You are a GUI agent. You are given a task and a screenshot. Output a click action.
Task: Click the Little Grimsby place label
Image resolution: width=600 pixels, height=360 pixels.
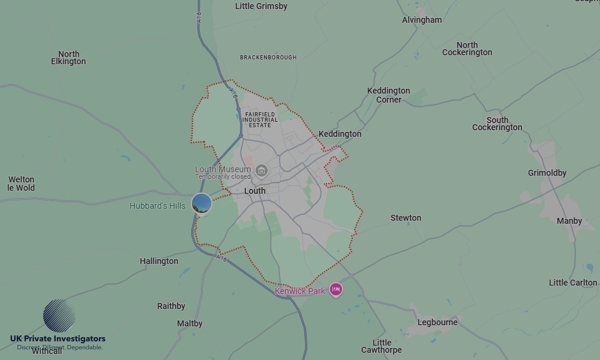tap(261, 6)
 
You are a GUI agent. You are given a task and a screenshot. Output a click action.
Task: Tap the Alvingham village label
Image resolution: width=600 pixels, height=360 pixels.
tap(422, 20)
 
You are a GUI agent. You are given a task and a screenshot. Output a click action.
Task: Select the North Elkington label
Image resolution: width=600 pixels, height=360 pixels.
tap(68, 58)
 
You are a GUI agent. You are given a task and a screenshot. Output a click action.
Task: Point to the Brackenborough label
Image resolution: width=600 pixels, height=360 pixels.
tap(268, 58)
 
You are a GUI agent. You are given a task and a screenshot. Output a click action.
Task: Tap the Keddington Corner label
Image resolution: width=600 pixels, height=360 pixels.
tap(389, 95)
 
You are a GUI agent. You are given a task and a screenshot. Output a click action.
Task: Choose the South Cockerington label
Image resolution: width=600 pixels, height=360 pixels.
tap(497, 124)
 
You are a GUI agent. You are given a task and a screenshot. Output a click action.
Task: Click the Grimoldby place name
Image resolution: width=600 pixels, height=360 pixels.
tap(547, 173)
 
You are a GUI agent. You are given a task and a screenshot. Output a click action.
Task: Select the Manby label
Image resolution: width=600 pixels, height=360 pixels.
tap(569, 221)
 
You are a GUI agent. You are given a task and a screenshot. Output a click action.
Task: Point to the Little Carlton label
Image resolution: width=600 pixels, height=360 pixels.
tap(573, 283)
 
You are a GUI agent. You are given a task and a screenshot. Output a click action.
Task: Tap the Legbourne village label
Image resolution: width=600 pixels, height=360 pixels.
tap(437, 322)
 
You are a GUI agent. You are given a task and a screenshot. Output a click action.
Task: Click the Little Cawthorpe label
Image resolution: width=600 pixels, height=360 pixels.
tap(382, 346)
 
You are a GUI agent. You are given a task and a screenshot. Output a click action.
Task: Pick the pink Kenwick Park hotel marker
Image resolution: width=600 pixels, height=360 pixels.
tap(335, 290)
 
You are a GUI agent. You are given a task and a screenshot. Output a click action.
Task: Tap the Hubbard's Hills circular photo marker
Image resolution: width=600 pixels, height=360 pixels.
tap(202, 203)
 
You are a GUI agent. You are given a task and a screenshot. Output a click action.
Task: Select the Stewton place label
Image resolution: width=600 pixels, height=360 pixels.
tap(406, 218)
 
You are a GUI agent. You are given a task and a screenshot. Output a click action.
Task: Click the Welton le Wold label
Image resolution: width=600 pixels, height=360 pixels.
tap(21, 184)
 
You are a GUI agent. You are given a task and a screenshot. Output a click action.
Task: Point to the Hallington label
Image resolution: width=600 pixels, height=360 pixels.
tap(159, 261)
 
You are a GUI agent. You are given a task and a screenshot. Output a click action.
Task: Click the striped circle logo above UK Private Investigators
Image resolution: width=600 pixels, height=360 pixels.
tap(59, 316)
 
